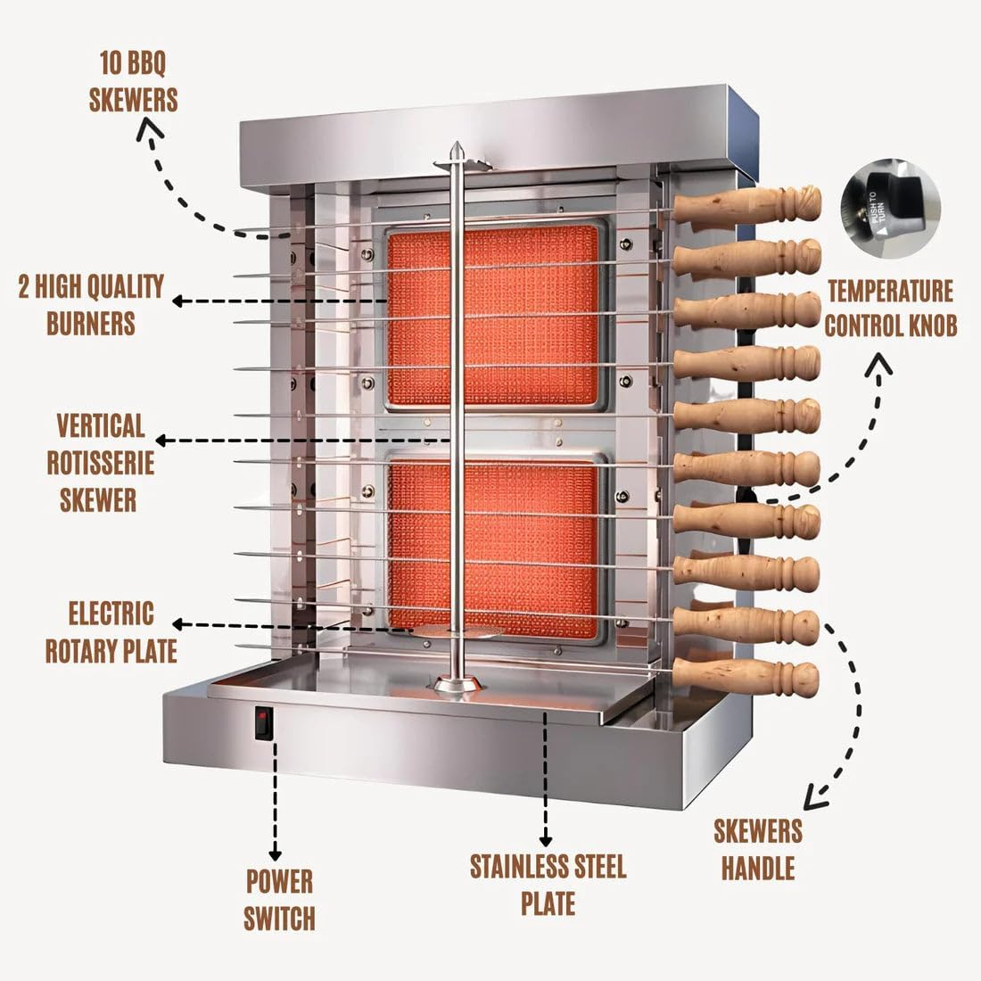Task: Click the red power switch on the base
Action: (x=262, y=723)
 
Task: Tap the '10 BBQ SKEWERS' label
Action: (x=133, y=82)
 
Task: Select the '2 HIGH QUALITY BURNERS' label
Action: (x=91, y=304)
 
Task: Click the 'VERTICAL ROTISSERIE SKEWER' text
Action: (x=98, y=462)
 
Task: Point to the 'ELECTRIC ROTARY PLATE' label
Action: (x=111, y=631)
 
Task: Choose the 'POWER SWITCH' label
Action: (x=279, y=899)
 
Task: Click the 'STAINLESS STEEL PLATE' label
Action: (x=548, y=884)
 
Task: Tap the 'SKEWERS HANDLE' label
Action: (x=757, y=849)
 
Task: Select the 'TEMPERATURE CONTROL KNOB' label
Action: (x=890, y=308)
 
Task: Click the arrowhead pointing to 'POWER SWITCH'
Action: (x=275, y=854)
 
